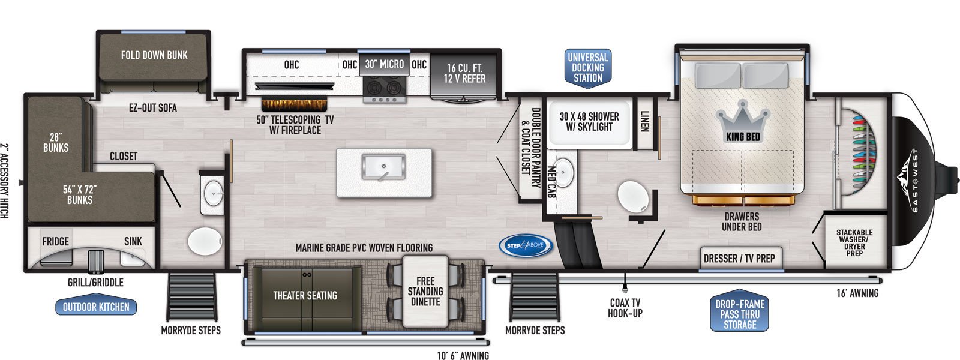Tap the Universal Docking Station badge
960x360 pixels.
click(x=588, y=68)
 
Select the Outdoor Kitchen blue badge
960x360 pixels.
click(x=96, y=307)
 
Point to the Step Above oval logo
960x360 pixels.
click(x=526, y=245)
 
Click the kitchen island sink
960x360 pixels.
click(x=383, y=167)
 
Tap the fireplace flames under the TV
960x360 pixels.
click(x=295, y=105)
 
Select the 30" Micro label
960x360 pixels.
click(x=385, y=64)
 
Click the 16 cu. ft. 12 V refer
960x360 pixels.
click(x=464, y=76)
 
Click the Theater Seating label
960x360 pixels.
click(x=305, y=295)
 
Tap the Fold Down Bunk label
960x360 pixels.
click(x=154, y=55)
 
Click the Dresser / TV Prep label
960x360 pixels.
click(x=739, y=259)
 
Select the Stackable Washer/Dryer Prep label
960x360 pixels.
click(x=854, y=242)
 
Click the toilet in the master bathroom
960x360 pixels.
click(x=633, y=196)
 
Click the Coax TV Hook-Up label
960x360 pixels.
click(x=625, y=308)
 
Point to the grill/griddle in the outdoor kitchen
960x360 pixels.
click(x=95, y=261)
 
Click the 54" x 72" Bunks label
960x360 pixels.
click(x=80, y=194)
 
